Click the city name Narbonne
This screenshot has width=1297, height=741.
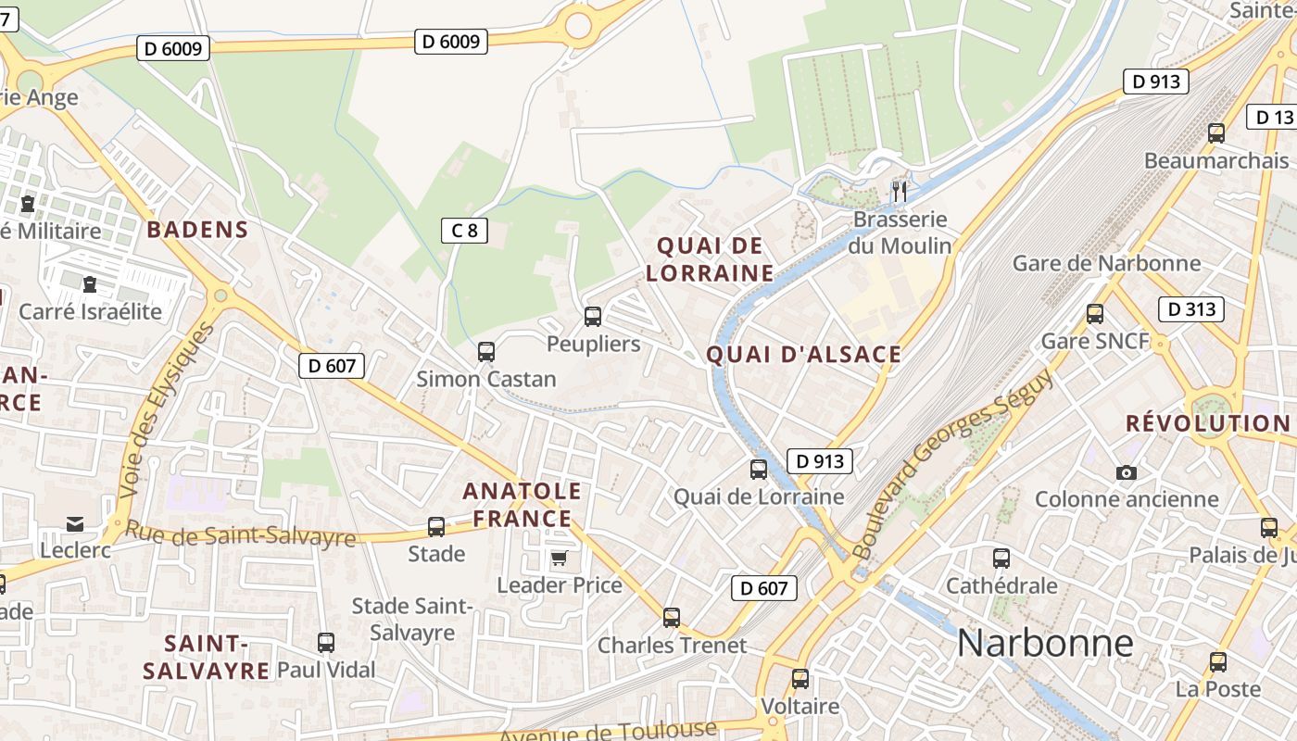(x=1045, y=643)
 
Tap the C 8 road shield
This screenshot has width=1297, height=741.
(x=464, y=230)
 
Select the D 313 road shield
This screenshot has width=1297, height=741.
(x=1191, y=309)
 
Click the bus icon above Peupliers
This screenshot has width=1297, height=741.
(x=593, y=317)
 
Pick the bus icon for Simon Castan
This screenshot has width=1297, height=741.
(x=486, y=352)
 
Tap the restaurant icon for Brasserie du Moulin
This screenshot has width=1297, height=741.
(x=900, y=192)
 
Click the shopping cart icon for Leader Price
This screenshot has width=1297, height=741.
(x=559, y=558)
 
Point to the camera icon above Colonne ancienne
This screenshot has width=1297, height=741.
(x=1127, y=472)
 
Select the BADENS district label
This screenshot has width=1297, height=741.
(x=197, y=230)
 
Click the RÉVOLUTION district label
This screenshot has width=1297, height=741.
(x=1207, y=423)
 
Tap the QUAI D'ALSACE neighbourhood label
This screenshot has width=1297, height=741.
(x=804, y=355)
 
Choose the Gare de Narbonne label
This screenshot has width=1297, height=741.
(x=1106, y=263)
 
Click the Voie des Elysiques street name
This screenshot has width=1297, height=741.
(x=167, y=408)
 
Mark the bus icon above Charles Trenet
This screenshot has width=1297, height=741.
(x=672, y=617)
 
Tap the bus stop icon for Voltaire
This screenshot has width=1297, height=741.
(x=800, y=679)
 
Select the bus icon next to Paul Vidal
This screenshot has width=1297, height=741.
(x=326, y=643)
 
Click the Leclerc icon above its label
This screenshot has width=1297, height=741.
(x=75, y=524)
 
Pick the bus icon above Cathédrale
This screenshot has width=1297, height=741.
(x=1001, y=559)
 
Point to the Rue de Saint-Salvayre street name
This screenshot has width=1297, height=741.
(x=241, y=534)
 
